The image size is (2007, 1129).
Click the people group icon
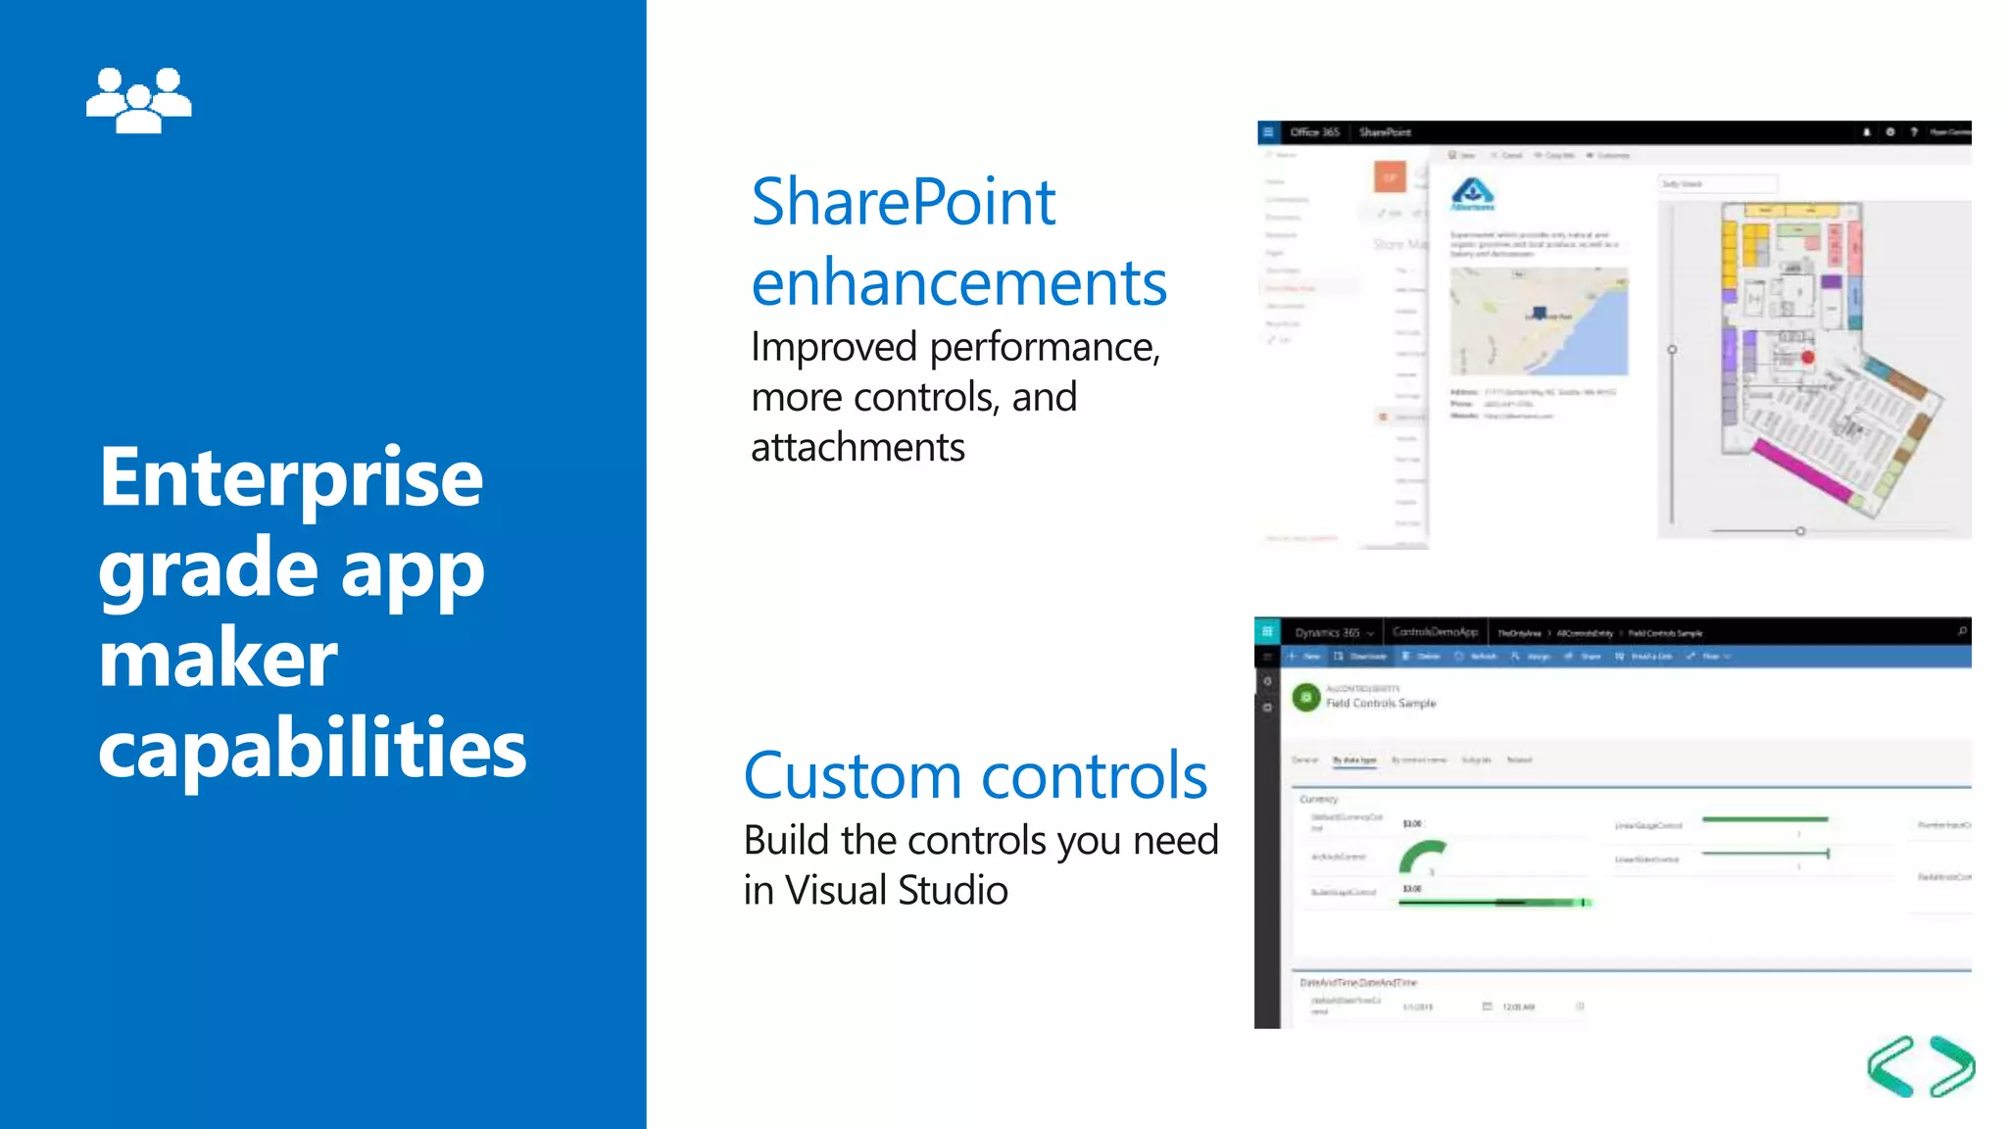click(138, 100)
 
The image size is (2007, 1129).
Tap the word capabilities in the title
click(312, 748)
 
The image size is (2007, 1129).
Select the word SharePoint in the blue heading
click(903, 203)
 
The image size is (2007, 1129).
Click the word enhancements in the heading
click(958, 283)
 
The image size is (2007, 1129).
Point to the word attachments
click(857, 448)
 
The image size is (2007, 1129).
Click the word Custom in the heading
click(853, 776)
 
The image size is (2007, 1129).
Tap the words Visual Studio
click(896, 891)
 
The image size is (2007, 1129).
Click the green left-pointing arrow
click(1890, 1066)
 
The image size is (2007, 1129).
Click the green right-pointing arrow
click(1952, 1066)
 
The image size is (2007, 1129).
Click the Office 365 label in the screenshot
click(1314, 132)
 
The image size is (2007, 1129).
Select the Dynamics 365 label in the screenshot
click(1327, 633)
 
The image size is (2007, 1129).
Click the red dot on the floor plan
click(1808, 359)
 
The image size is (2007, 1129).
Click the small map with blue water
click(1539, 321)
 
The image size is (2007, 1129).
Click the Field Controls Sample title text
click(1381, 704)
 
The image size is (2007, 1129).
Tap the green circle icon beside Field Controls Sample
click(1305, 698)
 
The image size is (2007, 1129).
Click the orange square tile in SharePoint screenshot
click(1390, 177)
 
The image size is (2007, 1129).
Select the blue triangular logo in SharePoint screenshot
click(1472, 192)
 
